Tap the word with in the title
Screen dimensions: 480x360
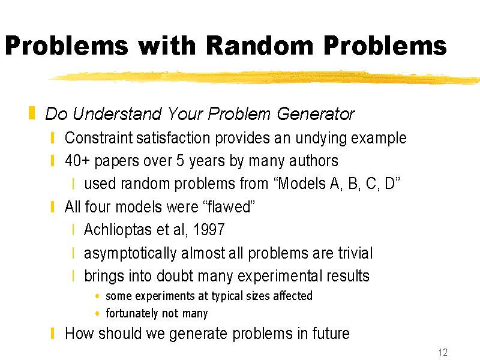click(x=167, y=46)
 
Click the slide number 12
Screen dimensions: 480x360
click(x=443, y=352)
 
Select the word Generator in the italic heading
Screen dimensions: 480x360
click(x=316, y=114)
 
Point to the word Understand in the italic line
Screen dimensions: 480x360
click(x=116, y=113)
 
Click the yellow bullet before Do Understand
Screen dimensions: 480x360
click(x=32, y=113)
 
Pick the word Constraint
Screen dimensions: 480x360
click(x=98, y=138)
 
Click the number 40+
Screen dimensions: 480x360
click(x=77, y=161)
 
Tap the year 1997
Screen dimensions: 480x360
click(x=209, y=230)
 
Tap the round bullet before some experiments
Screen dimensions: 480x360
click(x=97, y=296)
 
